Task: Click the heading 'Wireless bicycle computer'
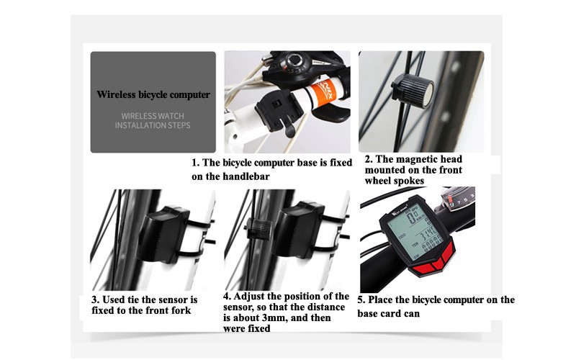click(153, 95)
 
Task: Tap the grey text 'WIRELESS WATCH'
click(153, 116)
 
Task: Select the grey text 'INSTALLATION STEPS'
click(153, 125)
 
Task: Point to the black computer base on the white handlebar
click(276, 111)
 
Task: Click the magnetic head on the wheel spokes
click(412, 91)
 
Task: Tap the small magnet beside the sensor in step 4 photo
click(260, 229)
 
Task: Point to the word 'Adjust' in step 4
click(249, 297)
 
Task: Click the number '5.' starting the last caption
click(361, 300)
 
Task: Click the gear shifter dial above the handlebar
click(294, 61)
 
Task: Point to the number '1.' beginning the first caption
click(195, 163)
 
